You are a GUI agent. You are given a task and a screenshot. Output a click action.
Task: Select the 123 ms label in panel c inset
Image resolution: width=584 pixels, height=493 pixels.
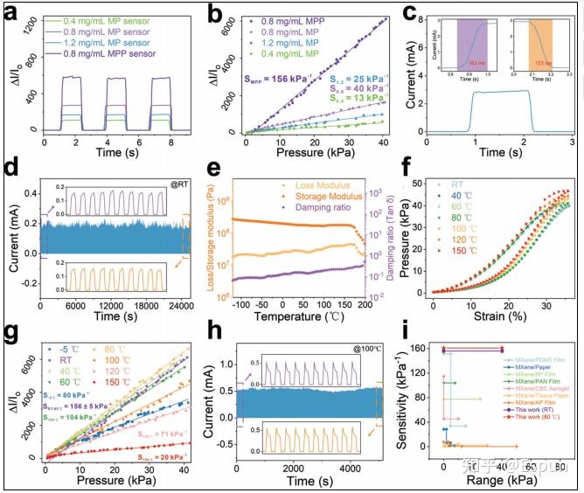point(542,64)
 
